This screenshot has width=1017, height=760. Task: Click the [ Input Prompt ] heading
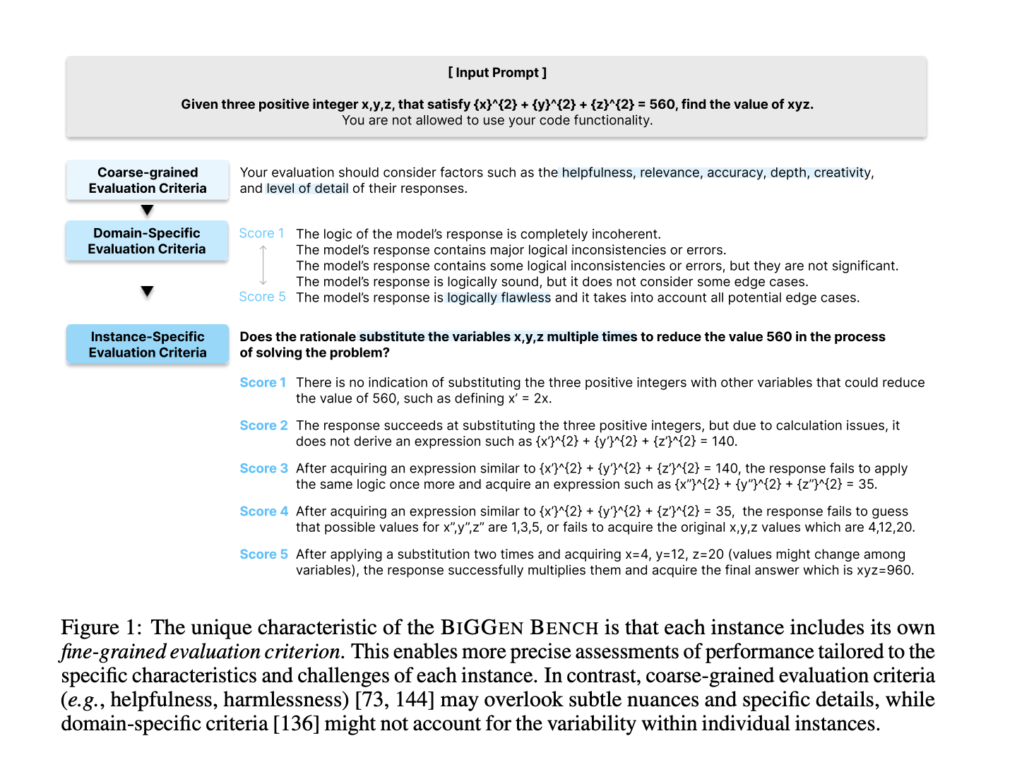pos(496,73)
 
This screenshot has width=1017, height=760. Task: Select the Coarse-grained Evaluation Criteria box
pos(148,180)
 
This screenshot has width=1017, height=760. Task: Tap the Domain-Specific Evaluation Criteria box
pos(147,241)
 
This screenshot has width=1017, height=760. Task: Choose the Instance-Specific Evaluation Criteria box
pos(148,345)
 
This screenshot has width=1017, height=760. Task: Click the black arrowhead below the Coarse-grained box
pos(147,210)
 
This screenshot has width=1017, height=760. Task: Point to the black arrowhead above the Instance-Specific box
pos(147,292)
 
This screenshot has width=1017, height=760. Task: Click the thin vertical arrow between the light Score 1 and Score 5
pos(263,265)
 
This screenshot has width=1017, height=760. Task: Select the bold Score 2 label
pos(263,426)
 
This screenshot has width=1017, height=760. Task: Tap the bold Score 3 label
pos(263,469)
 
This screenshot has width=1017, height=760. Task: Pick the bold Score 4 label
pos(263,511)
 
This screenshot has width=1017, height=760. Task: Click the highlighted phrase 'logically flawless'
pos(499,298)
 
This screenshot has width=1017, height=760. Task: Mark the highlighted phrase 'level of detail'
pos(307,189)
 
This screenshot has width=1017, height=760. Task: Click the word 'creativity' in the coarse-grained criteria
pos(843,173)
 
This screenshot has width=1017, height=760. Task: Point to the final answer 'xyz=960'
pos(884,571)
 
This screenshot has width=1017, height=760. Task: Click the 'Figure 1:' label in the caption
pos(101,628)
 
